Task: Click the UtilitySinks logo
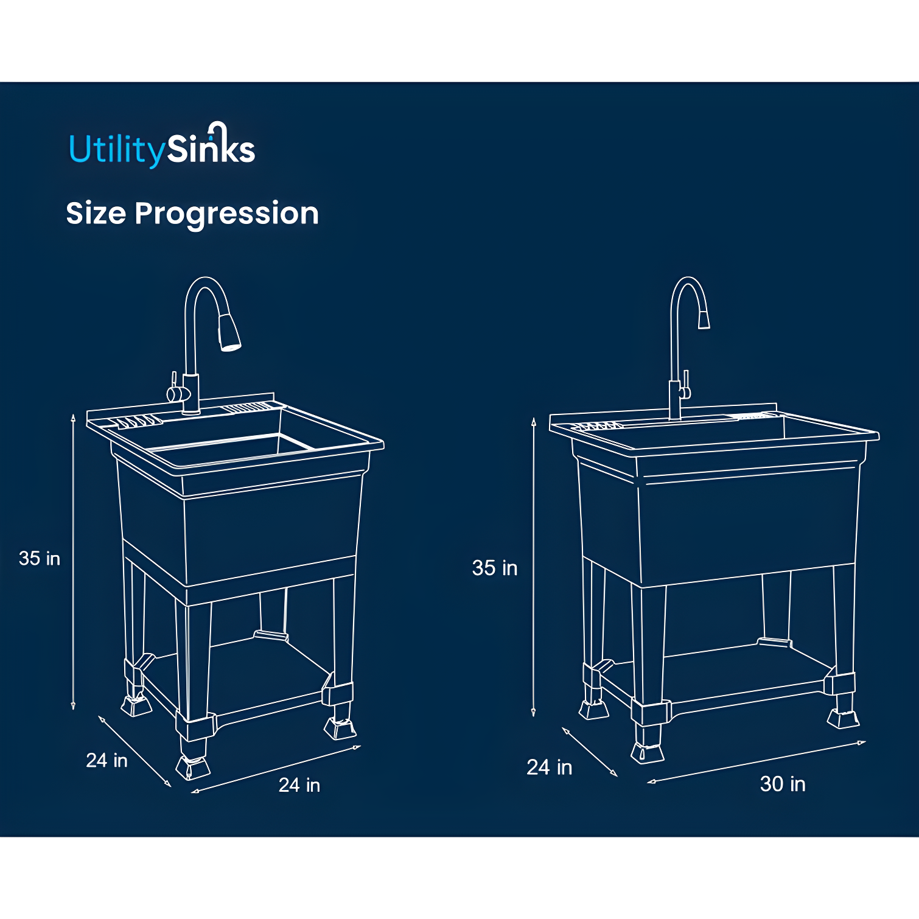(162, 147)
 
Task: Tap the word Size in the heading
(96, 214)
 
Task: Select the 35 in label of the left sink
(40, 558)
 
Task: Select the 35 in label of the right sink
(494, 568)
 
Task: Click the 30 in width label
(782, 784)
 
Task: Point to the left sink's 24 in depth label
(107, 760)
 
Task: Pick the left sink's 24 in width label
(299, 785)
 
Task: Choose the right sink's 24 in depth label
(549, 767)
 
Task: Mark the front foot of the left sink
(193, 766)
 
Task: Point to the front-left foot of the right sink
(647, 751)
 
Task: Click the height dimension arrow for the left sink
(73, 560)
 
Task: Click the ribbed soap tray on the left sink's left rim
(139, 421)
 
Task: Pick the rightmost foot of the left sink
(340, 727)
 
